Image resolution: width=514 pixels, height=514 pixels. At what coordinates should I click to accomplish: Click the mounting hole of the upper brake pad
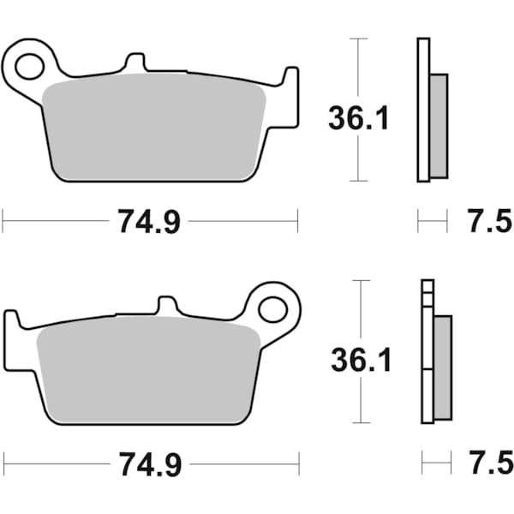tap(32, 64)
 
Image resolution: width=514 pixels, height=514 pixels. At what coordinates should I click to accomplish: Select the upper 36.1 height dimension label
tap(358, 119)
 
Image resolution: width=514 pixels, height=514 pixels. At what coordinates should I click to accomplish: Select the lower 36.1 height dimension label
tap(361, 361)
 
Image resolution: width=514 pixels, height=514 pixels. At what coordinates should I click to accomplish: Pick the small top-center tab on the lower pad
tap(168, 306)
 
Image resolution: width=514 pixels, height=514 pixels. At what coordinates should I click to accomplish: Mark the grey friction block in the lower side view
tap(442, 367)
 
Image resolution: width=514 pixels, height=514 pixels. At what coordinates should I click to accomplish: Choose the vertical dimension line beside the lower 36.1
tap(361, 403)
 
